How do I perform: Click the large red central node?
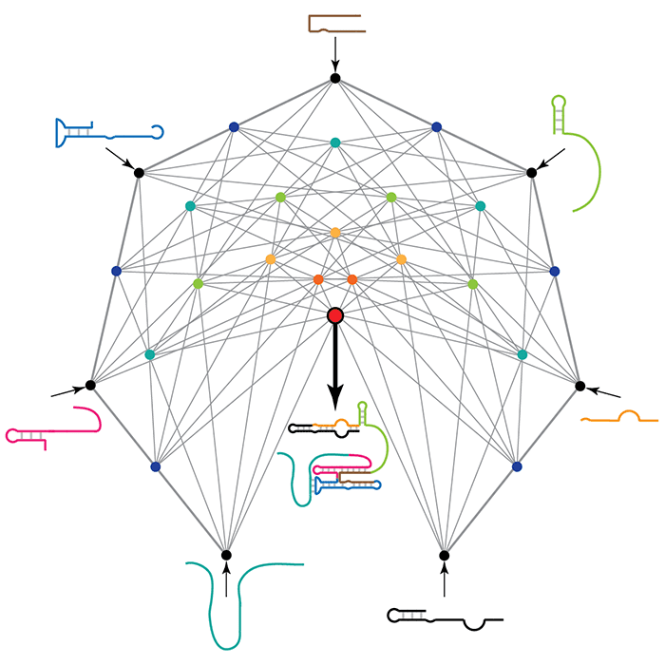(x=334, y=315)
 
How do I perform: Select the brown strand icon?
(x=334, y=23)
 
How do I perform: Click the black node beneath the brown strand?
(x=334, y=78)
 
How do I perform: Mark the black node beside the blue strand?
(x=139, y=172)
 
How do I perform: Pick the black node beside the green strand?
(x=532, y=172)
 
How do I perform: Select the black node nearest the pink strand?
(x=90, y=385)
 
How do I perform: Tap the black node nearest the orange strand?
(x=580, y=385)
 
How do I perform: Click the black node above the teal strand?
(x=226, y=555)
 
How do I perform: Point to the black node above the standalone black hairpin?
(x=444, y=555)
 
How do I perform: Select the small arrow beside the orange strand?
(x=605, y=392)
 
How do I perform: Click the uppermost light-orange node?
(x=334, y=232)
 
